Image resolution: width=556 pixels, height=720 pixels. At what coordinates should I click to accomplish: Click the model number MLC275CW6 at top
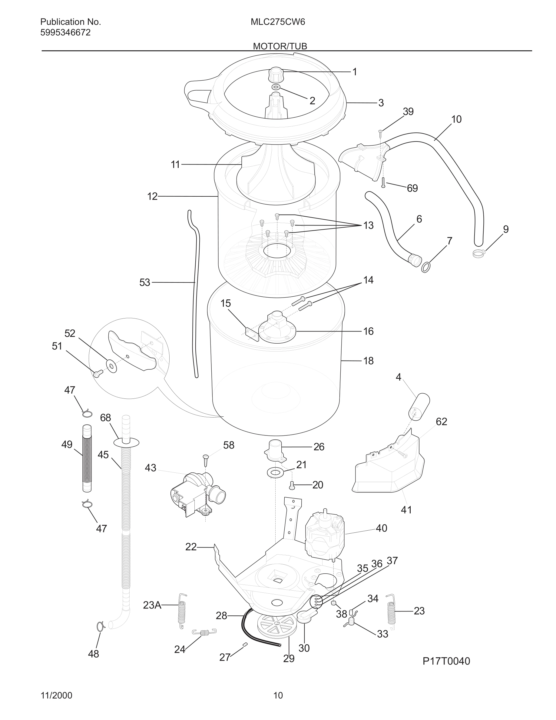click(x=278, y=22)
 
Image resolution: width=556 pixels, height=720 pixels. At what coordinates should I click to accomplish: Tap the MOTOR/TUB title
click(x=280, y=46)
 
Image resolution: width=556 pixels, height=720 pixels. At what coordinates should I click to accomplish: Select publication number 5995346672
click(x=65, y=33)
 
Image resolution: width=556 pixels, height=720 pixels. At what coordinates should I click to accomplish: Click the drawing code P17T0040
click(x=446, y=661)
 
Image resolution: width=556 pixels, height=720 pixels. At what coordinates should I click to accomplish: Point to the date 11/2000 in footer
click(x=56, y=695)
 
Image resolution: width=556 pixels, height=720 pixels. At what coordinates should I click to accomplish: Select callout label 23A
click(x=152, y=605)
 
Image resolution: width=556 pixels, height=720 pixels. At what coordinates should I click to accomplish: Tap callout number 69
click(x=412, y=188)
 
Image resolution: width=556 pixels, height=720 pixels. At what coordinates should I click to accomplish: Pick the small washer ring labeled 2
click(x=276, y=87)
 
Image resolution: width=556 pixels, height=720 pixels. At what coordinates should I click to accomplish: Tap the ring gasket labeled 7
click(x=425, y=267)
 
